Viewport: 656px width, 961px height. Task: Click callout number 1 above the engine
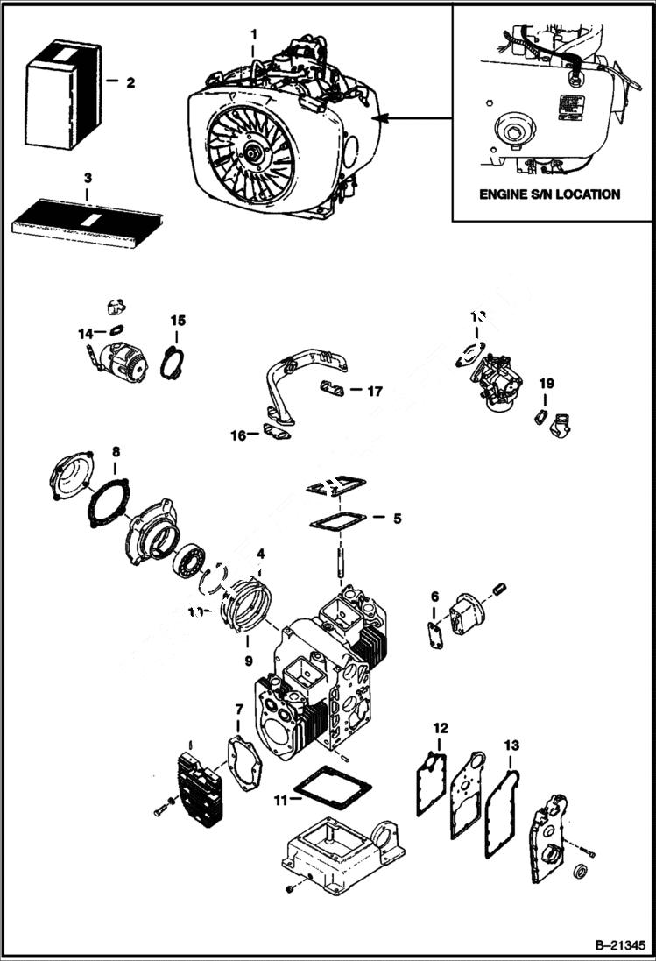pos(253,34)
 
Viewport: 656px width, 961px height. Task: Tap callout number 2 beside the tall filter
pos(130,83)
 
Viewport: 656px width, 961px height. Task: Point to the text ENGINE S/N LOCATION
pos(549,194)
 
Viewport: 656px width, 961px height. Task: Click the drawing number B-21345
pos(619,946)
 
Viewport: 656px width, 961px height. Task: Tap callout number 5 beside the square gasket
pos(397,519)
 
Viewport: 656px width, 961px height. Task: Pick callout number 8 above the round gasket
pos(116,452)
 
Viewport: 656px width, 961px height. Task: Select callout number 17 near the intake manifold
pos(375,392)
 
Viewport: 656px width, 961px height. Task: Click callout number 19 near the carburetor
pos(547,383)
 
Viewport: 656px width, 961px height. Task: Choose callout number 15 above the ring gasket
pos(178,321)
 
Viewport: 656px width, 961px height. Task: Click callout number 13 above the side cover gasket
pos(511,745)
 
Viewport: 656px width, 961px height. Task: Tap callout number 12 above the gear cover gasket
pos(441,728)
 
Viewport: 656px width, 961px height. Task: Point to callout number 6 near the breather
pos(434,597)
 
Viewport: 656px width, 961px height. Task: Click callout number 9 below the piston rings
pos(248,661)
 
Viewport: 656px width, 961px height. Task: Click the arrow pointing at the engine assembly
pos(412,117)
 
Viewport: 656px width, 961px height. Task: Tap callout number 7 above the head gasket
pos(239,708)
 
